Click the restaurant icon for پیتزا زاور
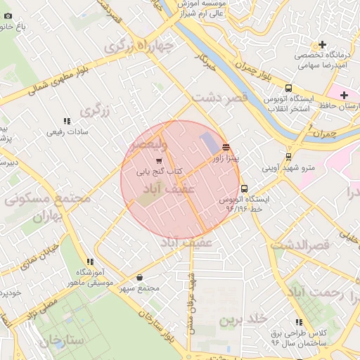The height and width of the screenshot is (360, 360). click(225, 147)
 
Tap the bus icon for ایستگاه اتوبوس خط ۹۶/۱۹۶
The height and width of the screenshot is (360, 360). click(244, 188)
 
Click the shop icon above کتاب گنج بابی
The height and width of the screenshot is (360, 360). click(159, 161)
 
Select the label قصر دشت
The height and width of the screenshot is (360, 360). click(221, 97)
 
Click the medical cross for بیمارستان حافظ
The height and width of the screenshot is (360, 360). click(343, 95)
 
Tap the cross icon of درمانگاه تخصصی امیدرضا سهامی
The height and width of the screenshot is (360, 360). click(323, 45)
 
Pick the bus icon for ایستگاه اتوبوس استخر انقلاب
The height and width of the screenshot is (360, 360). click(288, 88)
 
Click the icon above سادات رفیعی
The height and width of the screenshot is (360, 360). click(67, 121)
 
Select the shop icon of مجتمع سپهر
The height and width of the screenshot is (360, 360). click(139, 278)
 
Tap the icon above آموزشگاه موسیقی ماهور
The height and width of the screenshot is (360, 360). click(89, 262)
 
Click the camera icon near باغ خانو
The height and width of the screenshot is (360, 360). click(8, 15)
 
